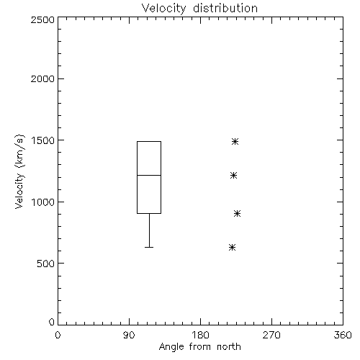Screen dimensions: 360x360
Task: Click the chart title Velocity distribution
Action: pos(199,9)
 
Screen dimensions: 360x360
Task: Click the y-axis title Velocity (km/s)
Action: pos(19,171)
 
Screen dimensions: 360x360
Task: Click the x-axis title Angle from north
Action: pos(199,347)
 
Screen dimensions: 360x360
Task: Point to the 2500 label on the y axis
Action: pos(42,19)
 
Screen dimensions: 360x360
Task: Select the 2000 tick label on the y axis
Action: pos(42,78)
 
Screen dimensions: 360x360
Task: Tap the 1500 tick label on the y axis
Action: pos(43,140)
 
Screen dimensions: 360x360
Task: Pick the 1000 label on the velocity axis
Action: pos(43,202)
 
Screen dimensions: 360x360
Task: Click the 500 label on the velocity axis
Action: pos(46,264)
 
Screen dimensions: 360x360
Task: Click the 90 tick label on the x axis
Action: pos(129,335)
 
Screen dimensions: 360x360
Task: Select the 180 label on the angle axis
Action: pos(200,335)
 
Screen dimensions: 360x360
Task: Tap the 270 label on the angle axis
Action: pos(271,335)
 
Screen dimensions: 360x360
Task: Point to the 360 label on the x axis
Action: pos(343,335)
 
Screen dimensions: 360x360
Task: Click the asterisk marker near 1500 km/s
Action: pos(235,141)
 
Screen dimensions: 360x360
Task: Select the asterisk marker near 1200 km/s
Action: pos(233,176)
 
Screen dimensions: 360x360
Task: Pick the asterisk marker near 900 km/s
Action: pos(237,213)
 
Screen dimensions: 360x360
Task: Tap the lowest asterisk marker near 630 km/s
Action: pos(232,247)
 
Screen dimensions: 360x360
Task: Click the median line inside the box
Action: pos(149,175)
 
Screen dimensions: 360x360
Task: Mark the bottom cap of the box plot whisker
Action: pos(149,247)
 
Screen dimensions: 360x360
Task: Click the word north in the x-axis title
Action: pos(229,347)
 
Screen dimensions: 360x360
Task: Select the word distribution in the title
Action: pos(225,9)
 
